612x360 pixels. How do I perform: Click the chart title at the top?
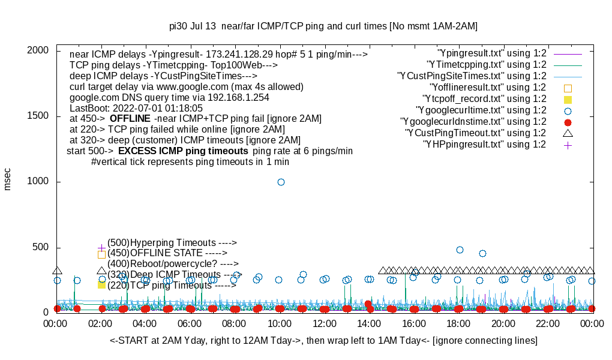(x=323, y=26)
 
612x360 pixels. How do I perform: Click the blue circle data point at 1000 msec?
(x=281, y=182)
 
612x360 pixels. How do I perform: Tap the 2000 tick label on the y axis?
(x=38, y=50)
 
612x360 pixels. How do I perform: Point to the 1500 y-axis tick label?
(x=38, y=116)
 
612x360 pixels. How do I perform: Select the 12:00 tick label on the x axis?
(x=325, y=324)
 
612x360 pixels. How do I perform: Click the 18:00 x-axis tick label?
(x=458, y=324)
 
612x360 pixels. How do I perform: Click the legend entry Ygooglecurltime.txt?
(x=481, y=110)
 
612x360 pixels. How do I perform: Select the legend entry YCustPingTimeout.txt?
(x=475, y=133)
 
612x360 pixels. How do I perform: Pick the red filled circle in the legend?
(x=568, y=122)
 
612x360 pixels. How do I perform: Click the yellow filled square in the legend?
(x=568, y=99)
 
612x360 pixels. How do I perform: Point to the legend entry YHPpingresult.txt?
(x=484, y=145)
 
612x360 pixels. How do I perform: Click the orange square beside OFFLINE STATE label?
(x=101, y=254)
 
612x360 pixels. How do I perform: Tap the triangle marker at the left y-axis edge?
(x=57, y=271)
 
